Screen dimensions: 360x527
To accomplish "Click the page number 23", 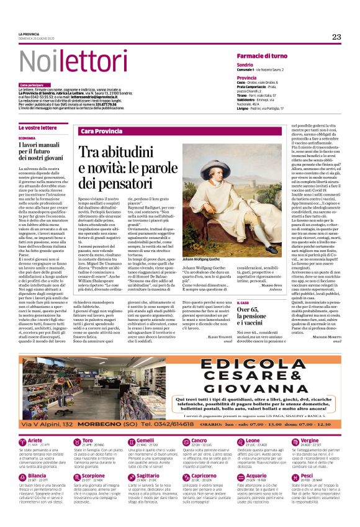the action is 336,37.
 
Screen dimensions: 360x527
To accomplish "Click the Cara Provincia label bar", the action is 102,132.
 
